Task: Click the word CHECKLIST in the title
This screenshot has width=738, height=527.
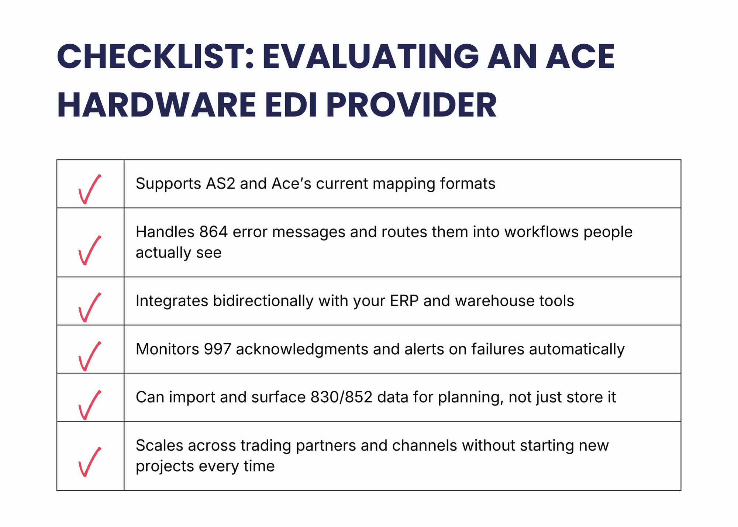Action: [x=155, y=56]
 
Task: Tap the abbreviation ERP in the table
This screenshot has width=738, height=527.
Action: [x=404, y=301]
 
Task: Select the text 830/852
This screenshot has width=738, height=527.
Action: [x=341, y=397]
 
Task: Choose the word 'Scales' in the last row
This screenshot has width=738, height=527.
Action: [x=159, y=445]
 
